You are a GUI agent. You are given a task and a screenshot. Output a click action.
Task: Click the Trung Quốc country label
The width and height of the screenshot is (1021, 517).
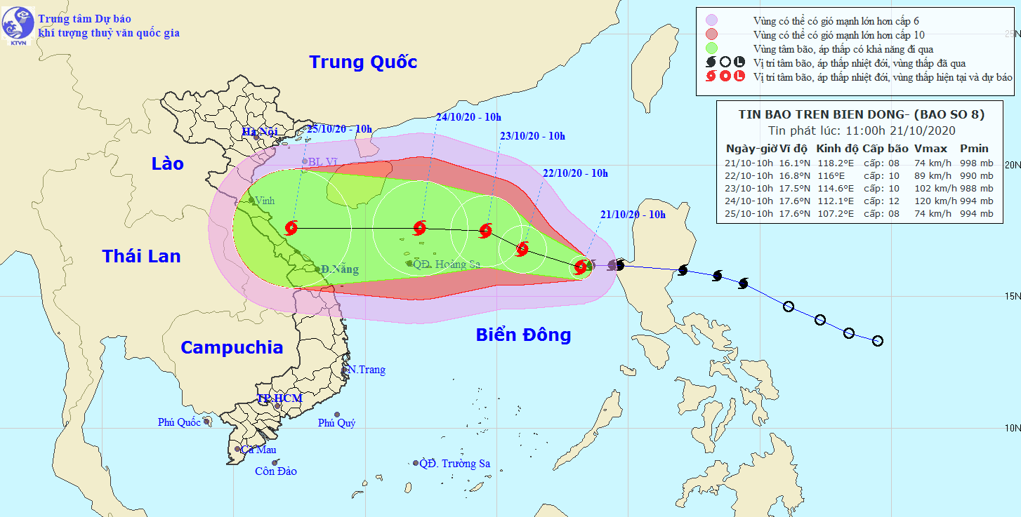click(363, 62)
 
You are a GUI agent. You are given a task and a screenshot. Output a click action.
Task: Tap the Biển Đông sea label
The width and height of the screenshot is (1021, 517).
click(523, 335)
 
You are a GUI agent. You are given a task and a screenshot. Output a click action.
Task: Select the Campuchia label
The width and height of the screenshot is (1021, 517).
click(232, 347)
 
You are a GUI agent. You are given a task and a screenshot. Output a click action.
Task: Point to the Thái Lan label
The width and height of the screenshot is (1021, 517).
click(141, 256)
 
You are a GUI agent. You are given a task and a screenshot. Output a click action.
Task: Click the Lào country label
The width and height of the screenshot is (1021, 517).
click(167, 163)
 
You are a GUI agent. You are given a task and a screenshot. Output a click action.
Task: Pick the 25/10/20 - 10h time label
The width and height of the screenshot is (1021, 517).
click(339, 130)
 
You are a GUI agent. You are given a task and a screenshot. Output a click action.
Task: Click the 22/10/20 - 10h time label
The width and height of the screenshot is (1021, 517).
click(575, 173)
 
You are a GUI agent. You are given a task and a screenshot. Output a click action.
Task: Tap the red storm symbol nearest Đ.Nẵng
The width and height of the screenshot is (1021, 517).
click(292, 227)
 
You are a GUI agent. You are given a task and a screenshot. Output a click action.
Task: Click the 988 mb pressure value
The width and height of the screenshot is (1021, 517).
click(977, 188)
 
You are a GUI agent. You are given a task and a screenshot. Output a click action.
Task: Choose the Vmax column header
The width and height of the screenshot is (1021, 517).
click(930, 149)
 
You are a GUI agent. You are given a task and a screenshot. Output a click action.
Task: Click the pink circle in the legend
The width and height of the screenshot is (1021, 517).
click(711, 20)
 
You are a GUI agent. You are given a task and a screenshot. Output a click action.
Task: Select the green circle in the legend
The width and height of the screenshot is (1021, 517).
click(711, 48)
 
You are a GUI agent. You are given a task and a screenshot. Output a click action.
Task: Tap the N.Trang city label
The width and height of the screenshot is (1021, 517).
click(367, 370)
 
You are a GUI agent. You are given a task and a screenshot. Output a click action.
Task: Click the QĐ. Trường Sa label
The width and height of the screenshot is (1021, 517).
click(454, 463)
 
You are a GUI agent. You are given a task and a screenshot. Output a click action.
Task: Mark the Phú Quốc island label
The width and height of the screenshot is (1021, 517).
click(179, 422)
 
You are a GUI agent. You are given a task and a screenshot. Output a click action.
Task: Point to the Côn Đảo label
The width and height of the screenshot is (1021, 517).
click(275, 471)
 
